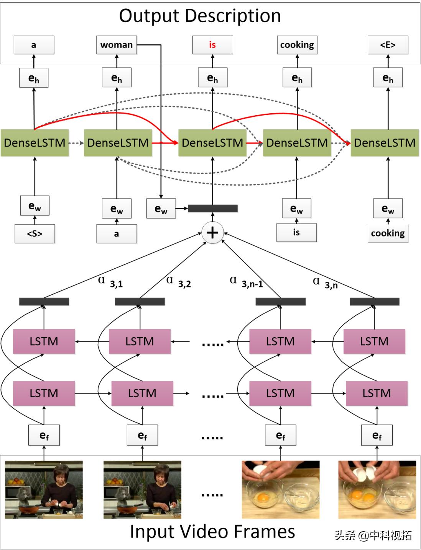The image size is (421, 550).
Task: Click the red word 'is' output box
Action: point(212,45)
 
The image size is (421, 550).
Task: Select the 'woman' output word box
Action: point(117,45)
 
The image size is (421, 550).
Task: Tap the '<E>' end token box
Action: point(388,45)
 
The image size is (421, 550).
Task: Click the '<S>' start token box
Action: point(35,233)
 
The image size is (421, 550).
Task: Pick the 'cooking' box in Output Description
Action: point(297,45)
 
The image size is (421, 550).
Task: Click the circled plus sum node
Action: point(212,233)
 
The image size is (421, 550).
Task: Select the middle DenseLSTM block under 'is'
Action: point(212,143)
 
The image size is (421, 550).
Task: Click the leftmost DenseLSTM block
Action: point(35,143)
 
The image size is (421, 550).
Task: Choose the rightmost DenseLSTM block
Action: point(385,143)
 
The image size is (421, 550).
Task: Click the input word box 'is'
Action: point(296,232)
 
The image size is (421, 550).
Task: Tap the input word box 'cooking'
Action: point(388,233)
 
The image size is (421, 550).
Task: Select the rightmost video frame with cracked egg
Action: point(377,490)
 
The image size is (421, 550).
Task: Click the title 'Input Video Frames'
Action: point(212,532)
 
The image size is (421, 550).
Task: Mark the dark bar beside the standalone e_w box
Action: point(212,209)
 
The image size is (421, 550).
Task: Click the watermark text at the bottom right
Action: point(373,535)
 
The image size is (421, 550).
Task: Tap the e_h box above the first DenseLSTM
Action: point(34,78)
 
